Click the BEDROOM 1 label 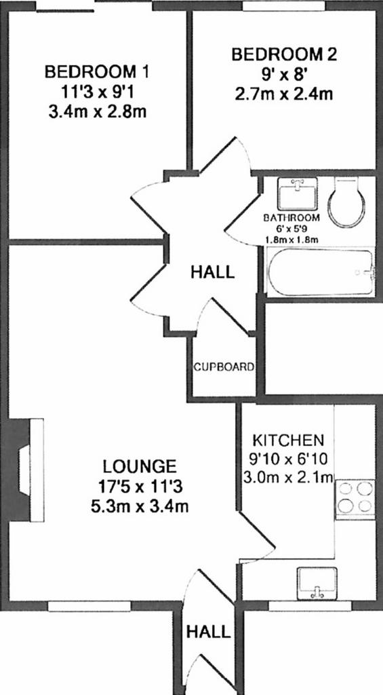point(98,71)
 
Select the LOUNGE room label point(140,467)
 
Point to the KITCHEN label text point(288,440)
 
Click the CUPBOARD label point(224,367)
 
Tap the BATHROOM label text point(291,218)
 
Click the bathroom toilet point(346,202)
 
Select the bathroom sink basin point(298,193)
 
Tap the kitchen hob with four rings point(355,499)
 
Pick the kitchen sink point(317,583)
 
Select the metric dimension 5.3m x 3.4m point(140,506)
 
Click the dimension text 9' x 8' point(284,75)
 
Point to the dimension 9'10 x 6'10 point(288,459)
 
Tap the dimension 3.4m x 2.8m point(98,111)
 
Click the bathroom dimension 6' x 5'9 point(291,229)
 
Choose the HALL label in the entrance point(209,632)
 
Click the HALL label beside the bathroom point(213,271)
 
